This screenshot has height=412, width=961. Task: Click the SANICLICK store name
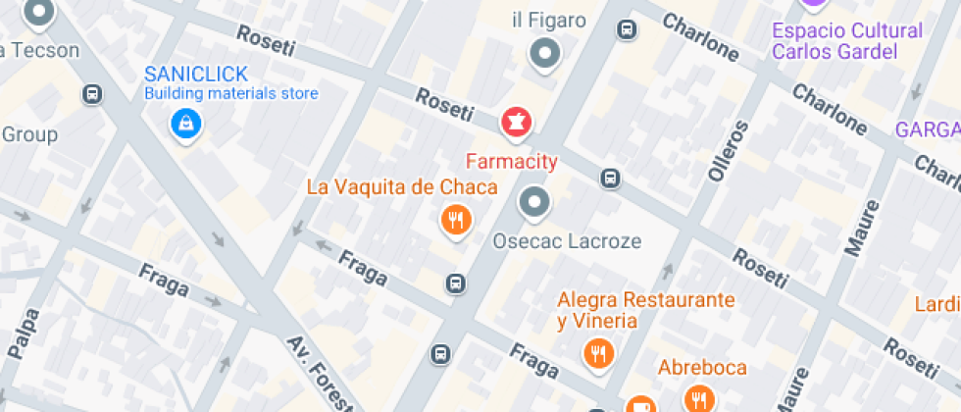click(x=195, y=75)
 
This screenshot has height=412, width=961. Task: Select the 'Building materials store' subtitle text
click(x=231, y=94)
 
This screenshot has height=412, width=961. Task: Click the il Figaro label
click(x=549, y=21)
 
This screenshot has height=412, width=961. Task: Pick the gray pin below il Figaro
click(x=544, y=53)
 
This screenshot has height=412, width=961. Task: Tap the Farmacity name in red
click(x=511, y=161)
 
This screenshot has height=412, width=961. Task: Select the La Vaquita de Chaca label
click(x=402, y=186)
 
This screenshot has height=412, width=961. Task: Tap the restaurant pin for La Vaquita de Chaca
click(x=455, y=220)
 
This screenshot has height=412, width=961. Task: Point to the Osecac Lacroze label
click(x=567, y=240)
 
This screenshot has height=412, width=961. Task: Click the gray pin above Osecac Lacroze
click(x=534, y=203)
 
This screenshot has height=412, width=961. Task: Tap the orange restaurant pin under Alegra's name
click(x=597, y=353)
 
